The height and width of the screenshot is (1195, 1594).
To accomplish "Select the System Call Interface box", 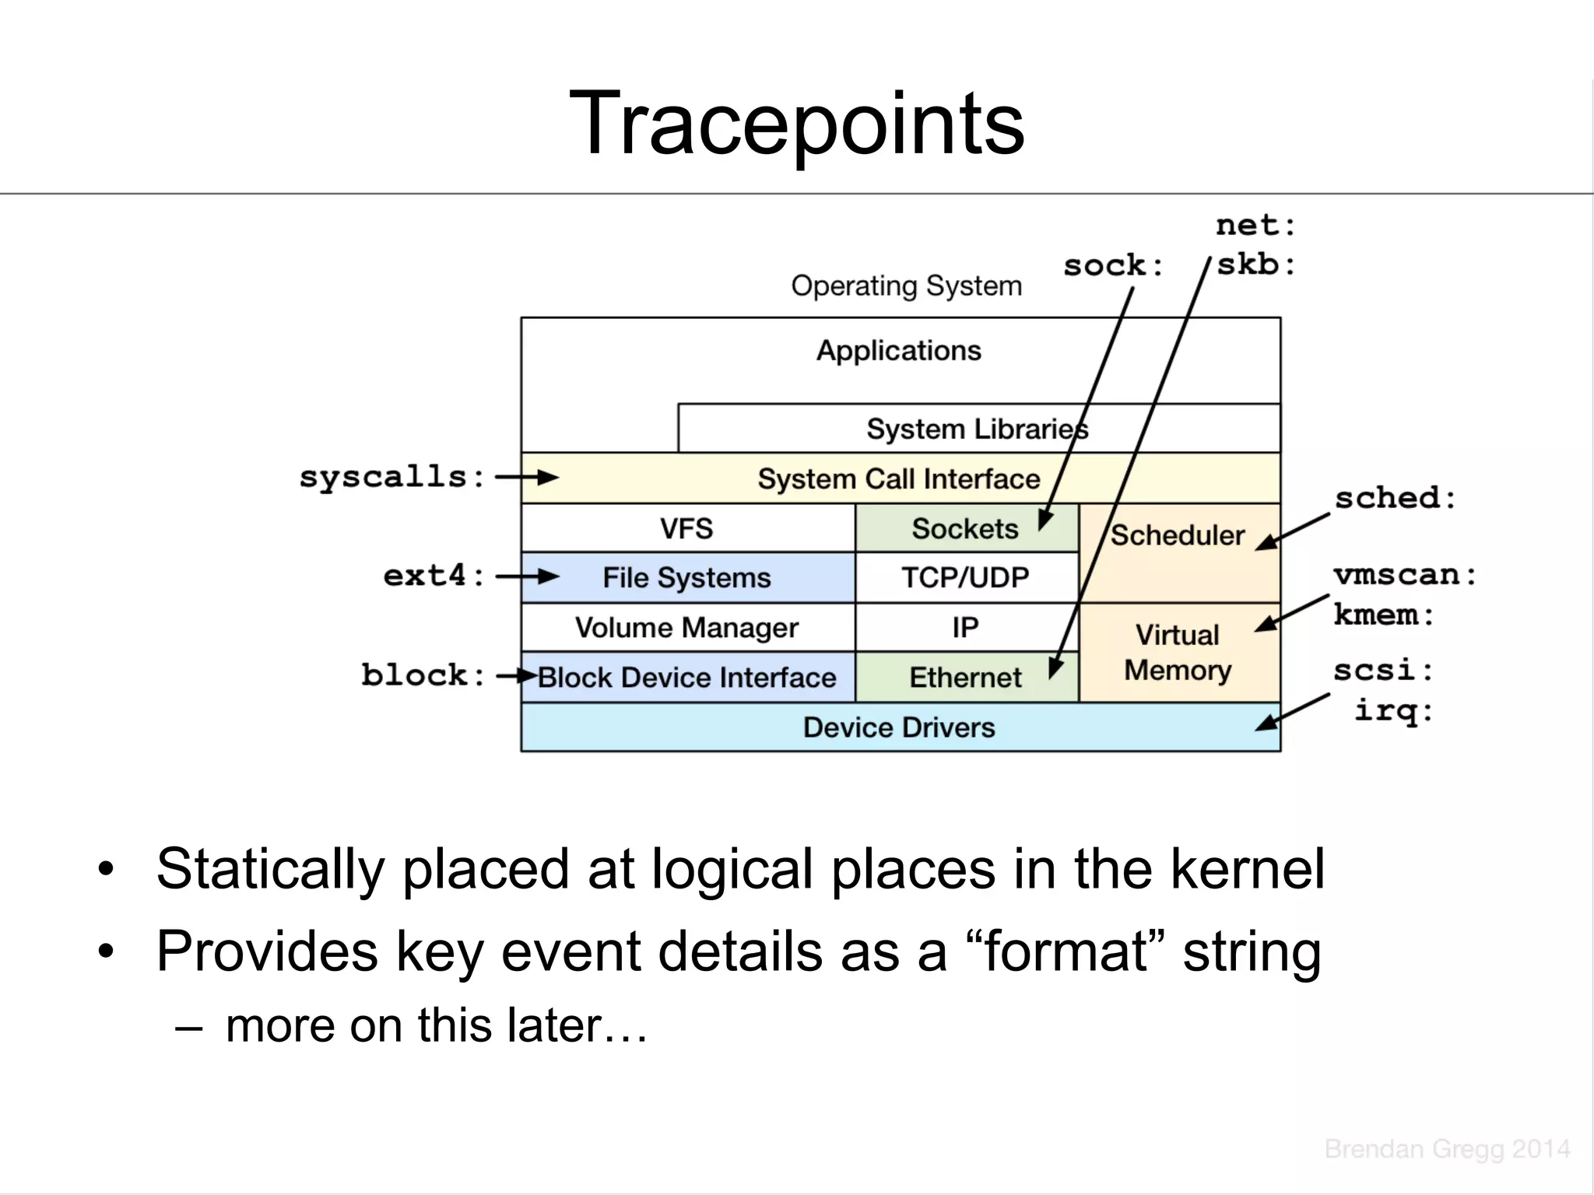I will (899, 478).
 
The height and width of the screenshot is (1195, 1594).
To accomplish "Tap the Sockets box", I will (965, 529).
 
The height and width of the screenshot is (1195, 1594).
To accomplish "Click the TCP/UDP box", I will (965, 578).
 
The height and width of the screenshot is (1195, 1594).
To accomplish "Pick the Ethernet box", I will (965, 678).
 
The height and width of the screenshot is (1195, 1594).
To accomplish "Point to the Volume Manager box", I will (686, 628).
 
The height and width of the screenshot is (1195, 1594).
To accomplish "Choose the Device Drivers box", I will (899, 727).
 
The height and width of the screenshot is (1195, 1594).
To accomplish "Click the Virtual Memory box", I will (1178, 653).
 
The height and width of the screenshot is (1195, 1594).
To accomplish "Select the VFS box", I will (686, 529).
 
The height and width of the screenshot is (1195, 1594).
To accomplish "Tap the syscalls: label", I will (392, 477).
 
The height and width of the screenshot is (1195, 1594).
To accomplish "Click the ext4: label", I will (434, 576).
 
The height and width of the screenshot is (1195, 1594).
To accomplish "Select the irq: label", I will (1393, 710).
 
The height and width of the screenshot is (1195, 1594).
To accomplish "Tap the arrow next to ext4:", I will (528, 576).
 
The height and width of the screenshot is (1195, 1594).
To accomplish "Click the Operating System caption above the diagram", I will (906, 286).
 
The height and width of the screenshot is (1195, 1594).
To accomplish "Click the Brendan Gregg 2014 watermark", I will (1447, 1149).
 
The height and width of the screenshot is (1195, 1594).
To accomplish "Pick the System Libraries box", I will (977, 429).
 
